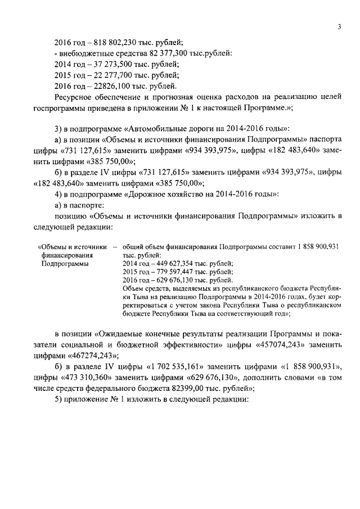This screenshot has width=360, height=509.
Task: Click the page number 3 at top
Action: tap(340, 26)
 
